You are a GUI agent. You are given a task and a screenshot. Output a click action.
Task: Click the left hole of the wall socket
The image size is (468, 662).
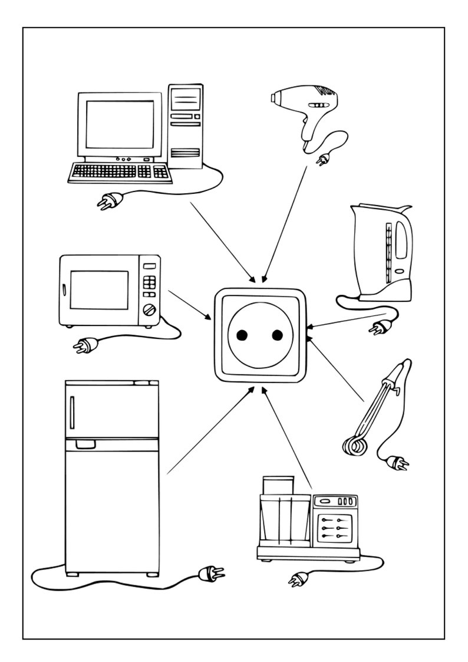[x=241, y=335]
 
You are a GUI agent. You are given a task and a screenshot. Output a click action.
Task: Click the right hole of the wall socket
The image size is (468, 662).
[x=276, y=335]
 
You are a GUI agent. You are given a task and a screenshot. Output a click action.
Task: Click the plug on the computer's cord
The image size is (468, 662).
[x=110, y=202]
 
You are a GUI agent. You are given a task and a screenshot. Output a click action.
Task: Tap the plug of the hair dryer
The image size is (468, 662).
[x=323, y=159]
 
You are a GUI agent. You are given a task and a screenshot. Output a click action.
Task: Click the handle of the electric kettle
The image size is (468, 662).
[x=403, y=242]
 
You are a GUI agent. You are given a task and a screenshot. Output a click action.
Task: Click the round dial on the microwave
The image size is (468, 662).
[x=151, y=309]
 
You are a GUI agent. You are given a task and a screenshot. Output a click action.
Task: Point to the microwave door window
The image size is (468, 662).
[x=99, y=289]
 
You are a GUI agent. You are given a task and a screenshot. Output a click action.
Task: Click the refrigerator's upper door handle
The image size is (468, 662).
[x=72, y=413]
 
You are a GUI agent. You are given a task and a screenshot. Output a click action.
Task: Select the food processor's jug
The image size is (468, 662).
[x=284, y=516]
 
